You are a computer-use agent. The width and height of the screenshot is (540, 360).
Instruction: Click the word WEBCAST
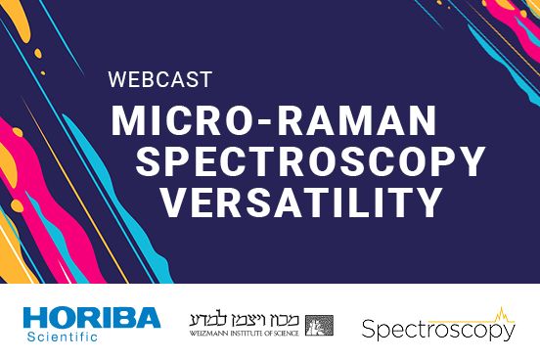coord(158,77)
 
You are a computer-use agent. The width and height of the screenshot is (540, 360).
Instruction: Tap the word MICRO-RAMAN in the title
coord(273,120)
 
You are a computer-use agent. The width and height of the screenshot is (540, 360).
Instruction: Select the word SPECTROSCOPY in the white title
coord(311,161)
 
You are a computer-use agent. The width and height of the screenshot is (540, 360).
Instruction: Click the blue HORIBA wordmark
coord(91,318)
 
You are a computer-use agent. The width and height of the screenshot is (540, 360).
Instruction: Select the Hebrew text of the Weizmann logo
coord(246,319)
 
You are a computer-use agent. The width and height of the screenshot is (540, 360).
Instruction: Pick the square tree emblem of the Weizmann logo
coord(319,325)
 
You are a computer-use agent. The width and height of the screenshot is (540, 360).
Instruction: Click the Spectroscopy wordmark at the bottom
coord(437,331)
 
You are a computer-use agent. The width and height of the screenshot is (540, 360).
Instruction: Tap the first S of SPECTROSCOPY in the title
coord(150,161)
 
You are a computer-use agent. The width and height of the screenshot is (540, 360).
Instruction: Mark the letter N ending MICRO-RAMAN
coord(419,120)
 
